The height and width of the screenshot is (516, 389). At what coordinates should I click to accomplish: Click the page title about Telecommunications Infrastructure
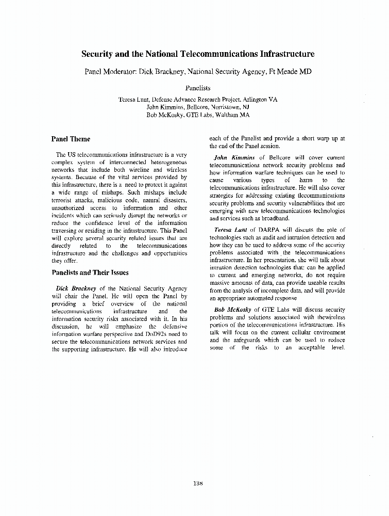click(198, 54)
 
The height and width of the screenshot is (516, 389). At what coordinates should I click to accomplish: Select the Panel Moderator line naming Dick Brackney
click(198, 72)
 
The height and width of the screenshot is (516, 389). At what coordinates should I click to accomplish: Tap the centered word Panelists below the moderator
click(198, 88)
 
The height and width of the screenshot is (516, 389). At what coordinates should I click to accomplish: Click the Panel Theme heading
click(71, 139)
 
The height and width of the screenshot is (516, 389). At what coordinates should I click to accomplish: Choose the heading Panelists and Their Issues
click(90, 272)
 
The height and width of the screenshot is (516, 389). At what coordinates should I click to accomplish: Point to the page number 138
click(198, 483)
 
